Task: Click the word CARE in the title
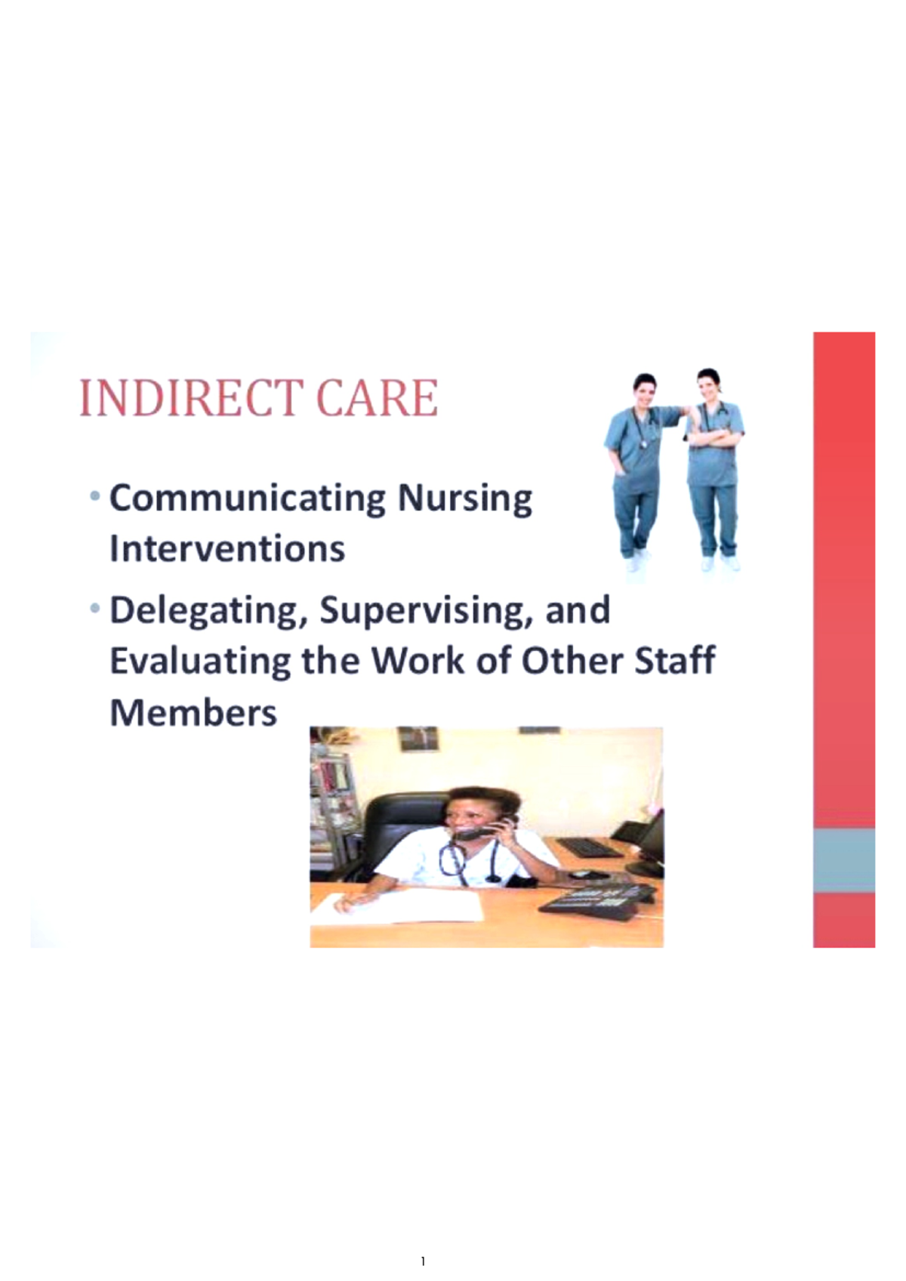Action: [377, 398]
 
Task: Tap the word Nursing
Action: [464, 499]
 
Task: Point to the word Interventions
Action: [226, 549]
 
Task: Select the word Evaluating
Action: [200, 662]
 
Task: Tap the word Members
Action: [193, 712]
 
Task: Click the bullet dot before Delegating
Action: [94, 608]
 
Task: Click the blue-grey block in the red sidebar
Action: [843, 860]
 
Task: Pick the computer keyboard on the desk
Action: [590, 847]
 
